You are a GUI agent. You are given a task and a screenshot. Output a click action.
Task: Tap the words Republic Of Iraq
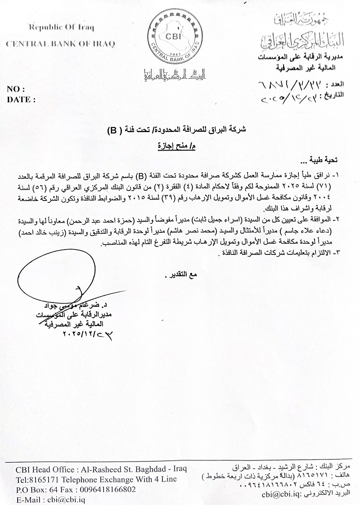tap(61, 27)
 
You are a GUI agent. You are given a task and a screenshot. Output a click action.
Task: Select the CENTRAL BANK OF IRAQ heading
tap(60, 44)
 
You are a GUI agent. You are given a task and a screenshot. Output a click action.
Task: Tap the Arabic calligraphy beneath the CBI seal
tap(173, 75)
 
